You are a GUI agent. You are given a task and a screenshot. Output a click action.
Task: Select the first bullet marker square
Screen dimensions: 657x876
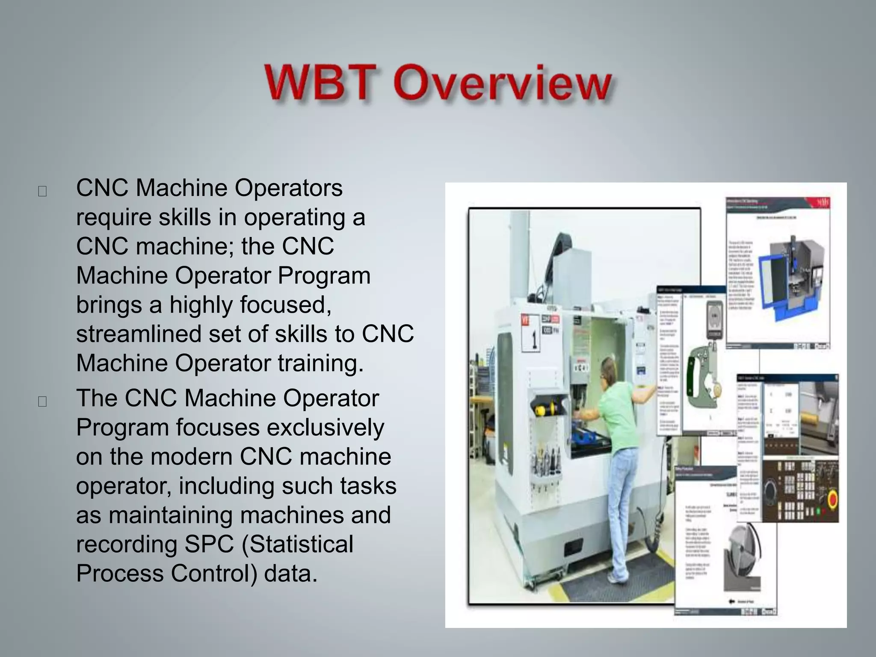[x=42, y=191]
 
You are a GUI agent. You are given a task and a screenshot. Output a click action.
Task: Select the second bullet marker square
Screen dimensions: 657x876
[x=42, y=401]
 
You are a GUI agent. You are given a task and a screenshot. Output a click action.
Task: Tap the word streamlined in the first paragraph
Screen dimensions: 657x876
[x=138, y=334]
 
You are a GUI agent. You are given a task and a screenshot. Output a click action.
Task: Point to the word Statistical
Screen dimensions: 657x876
[x=298, y=544]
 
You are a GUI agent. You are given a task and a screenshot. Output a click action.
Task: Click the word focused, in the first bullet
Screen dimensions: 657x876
[x=250, y=305]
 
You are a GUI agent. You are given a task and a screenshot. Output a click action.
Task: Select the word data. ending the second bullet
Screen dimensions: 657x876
[x=291, y=573]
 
